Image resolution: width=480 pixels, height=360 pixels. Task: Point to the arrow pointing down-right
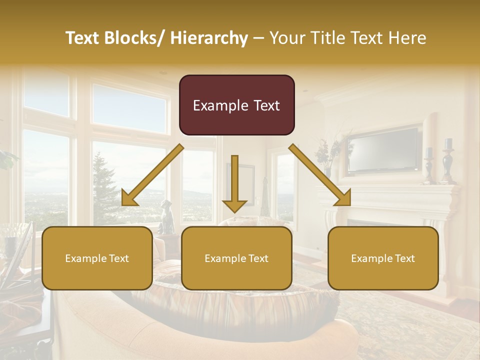click(320, 175)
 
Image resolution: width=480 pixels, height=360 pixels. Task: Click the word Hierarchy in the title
click(209, 38)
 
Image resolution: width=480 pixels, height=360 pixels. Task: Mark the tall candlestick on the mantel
click(447, 160)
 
